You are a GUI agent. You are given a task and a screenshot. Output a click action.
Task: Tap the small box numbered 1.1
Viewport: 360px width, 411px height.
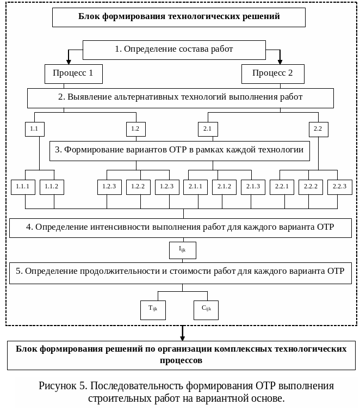pyautogui.click(x=34, y=129)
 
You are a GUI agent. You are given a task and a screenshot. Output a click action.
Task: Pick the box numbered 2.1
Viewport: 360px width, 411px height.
pyautogui.click(x=207, y=129)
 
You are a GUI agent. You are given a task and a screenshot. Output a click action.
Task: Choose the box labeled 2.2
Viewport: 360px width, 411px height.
pyautogui.click(x=318, y=129)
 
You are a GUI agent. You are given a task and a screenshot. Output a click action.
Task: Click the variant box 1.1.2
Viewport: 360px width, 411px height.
pyautogui.click(x=52, y=187)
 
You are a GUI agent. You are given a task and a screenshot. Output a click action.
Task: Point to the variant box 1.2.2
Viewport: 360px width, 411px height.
pyautogui.click(x=138, y=187)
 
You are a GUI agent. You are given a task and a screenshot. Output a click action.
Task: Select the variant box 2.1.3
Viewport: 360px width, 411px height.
pyautogui.click(x=253, y=187)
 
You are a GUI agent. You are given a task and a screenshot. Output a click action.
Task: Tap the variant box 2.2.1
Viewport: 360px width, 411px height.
pyautogui.click(x=282, y=187)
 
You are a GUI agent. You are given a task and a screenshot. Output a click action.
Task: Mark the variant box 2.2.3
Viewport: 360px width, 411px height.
pyautogui.click(x=339, y=187)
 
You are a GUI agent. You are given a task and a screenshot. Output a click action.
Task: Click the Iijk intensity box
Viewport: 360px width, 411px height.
pyautogui.click(x=182, y=250)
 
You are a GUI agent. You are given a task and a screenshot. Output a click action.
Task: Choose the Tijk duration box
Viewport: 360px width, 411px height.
pyautogui.click(x=153, y=309)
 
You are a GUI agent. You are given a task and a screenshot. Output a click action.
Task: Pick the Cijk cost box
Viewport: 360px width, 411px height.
pyautogui.click(x=206, y=309)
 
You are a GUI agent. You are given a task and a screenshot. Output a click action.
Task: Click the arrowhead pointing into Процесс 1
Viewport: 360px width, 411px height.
pyautogui.click(x=69, y=60)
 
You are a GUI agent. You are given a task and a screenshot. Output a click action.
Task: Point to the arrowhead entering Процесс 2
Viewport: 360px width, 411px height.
pyautogui.click(x=280, y=60)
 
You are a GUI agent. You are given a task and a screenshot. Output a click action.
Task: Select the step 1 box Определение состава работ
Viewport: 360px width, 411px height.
pyautogui.click(x=174, y=49)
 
